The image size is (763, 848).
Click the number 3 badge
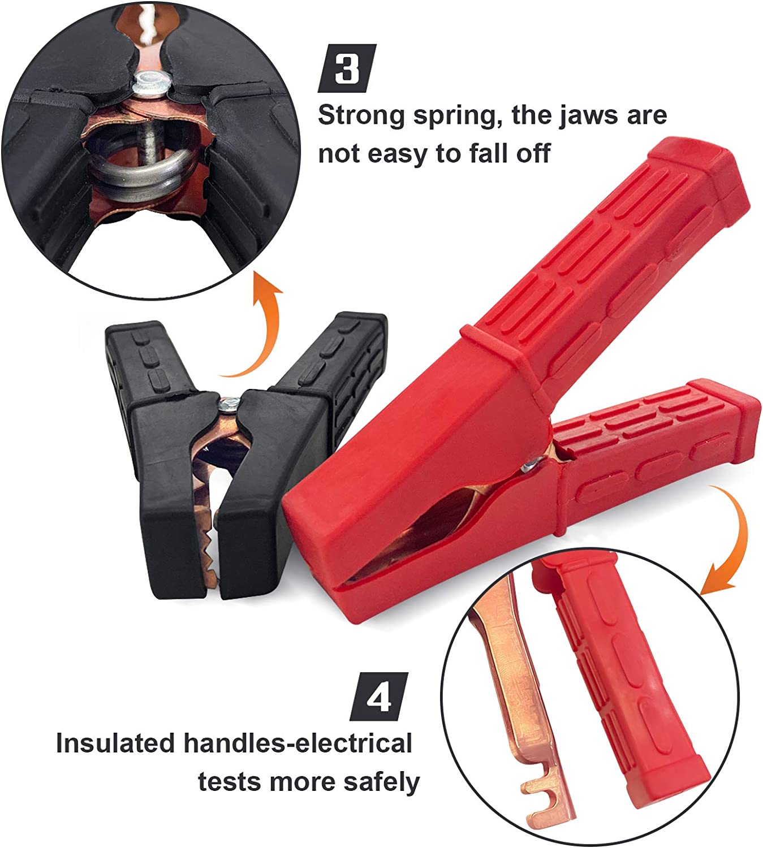(x=347, y=68)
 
